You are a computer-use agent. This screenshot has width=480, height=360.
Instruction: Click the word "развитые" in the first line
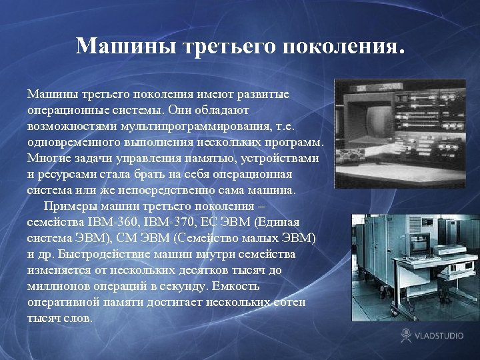265,94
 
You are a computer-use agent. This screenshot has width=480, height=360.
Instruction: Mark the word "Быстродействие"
101,255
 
